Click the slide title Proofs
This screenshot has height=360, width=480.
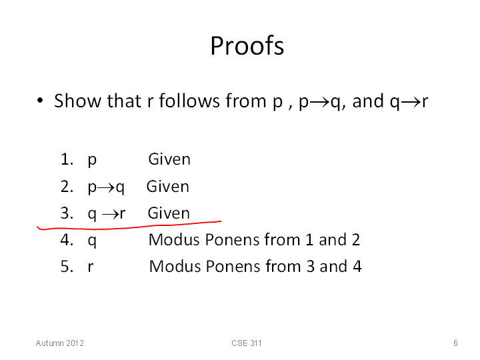(247, 45)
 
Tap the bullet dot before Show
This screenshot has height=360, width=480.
(40, 101)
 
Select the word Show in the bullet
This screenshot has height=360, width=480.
(78, 101)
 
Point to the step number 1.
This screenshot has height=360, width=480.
(67, 159)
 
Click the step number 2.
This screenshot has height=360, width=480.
(67, 187)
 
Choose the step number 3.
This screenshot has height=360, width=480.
(67, 213)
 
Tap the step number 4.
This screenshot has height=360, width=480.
(67, 240)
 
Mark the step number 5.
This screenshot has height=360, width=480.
(67, 266)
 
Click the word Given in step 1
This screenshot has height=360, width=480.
(169, 159)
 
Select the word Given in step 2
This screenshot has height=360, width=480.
(168, 187)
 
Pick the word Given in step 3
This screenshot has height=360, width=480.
(169, 213)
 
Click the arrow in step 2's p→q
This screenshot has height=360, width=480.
(106, 187)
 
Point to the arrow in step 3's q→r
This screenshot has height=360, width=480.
(110, 214)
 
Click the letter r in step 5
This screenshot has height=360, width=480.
(90, 267)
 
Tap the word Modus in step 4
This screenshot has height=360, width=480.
(174, 240)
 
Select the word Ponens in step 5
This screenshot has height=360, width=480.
(233, 266)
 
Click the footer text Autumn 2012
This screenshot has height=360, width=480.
(60, 343)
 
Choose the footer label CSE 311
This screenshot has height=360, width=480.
(247, 343)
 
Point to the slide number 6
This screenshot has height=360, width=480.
(455, 343)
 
